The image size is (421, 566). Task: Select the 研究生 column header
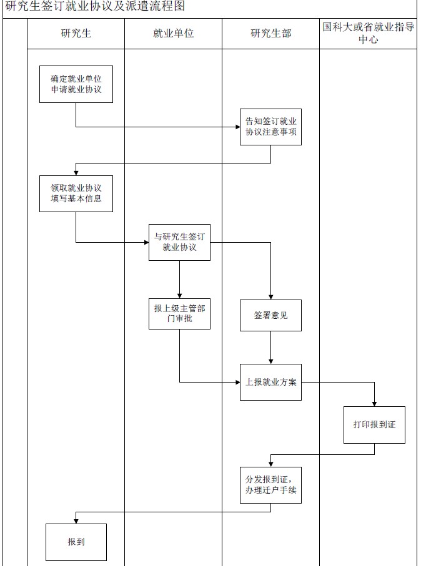point(76,34)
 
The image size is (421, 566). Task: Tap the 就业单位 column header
point(174,34)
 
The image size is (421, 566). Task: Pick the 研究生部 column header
point(271,34)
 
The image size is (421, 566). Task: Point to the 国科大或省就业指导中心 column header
point(369,34)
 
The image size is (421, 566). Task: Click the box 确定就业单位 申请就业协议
point(76,84)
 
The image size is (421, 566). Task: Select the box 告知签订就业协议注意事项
point(271,127)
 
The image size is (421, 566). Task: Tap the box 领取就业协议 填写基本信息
point(76,193)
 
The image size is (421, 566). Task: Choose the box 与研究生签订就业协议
point(180,242)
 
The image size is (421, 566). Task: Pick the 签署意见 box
point(271,316)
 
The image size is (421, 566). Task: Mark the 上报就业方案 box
point(271,382)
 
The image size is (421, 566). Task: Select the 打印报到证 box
point(374,424)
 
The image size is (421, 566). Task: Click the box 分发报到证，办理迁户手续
point(271,485)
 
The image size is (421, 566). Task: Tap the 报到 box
point(76,542)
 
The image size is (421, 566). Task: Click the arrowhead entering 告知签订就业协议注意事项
point(237,127)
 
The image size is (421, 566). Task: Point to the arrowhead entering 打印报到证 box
point(374,404)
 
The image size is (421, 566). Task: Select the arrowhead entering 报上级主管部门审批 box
point(180,295)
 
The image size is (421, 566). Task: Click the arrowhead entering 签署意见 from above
point(271,296)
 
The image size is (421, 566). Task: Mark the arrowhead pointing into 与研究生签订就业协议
point(146,242)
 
